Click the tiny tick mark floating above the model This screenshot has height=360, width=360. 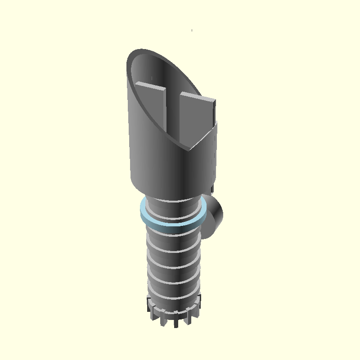[192, 30]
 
